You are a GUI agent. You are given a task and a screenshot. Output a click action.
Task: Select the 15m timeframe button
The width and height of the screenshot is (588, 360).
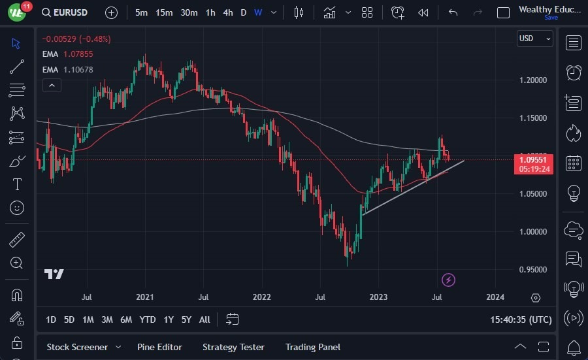(164, 12)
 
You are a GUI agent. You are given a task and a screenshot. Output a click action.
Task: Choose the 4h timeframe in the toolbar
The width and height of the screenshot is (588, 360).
(227, 12)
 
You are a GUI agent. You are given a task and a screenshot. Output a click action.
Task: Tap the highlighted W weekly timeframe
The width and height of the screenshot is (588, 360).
(258, 12)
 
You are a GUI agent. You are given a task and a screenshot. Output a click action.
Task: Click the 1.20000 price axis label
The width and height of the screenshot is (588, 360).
(533, 80)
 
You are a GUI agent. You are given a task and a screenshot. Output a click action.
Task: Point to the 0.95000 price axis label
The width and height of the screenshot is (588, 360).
(533, 269)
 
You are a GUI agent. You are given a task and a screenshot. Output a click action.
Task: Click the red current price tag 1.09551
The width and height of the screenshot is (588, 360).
(534, 159)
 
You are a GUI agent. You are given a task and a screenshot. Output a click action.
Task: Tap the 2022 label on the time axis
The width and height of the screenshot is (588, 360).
(261, 297)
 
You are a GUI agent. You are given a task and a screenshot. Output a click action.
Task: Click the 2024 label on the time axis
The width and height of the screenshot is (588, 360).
(495, 297)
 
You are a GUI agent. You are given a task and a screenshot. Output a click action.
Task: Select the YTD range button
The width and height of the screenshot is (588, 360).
(148, 319)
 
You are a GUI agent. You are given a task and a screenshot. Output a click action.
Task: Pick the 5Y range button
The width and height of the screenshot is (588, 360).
(186, 319)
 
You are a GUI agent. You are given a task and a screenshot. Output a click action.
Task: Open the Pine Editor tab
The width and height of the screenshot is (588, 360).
(159, 347)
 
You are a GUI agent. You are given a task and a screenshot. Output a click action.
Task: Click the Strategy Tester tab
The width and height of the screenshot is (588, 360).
(233, 347)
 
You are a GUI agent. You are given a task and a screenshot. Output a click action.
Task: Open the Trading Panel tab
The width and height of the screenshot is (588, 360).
(312, 347)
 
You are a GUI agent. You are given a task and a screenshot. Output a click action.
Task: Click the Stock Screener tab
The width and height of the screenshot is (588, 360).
(77, 347)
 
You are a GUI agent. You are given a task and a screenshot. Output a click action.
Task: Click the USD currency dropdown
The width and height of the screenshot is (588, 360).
(534, 39)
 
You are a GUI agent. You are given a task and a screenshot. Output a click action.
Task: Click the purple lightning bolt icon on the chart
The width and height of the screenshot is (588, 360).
(448, 280)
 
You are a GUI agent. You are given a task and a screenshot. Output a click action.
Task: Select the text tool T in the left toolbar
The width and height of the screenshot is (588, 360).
(17, 184)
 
